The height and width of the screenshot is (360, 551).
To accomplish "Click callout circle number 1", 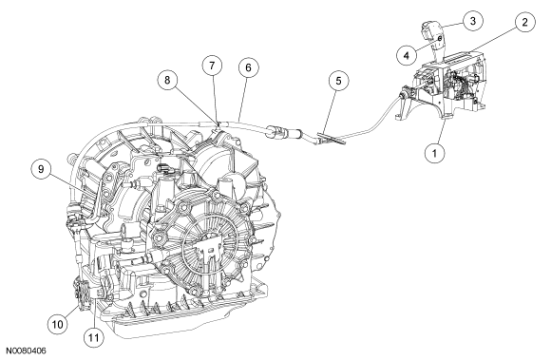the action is (435, 153).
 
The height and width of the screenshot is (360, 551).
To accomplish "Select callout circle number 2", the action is (525, 22).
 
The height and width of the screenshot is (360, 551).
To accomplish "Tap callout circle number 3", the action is (473, 21).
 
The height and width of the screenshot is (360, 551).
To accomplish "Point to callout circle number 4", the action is (407, 55).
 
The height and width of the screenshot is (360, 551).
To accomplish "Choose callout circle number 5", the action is (338, 81).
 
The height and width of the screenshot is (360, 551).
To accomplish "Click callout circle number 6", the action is (249, 67).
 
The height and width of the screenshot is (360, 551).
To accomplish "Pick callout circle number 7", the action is (212, 66).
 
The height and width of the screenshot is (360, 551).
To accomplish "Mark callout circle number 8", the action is (167, 80).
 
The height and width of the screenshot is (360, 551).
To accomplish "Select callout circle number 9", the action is (42, 169).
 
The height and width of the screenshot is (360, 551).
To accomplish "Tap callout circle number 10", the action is (58, 324).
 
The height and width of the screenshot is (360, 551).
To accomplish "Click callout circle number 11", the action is (94, 337).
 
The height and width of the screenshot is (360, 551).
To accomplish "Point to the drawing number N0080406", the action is (26, 351).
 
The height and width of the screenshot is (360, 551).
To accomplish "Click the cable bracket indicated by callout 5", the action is (331, 138).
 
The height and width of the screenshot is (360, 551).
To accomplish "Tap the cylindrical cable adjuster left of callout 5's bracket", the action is (284, 134).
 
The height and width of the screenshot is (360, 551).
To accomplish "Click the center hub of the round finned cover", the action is (210, 250).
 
